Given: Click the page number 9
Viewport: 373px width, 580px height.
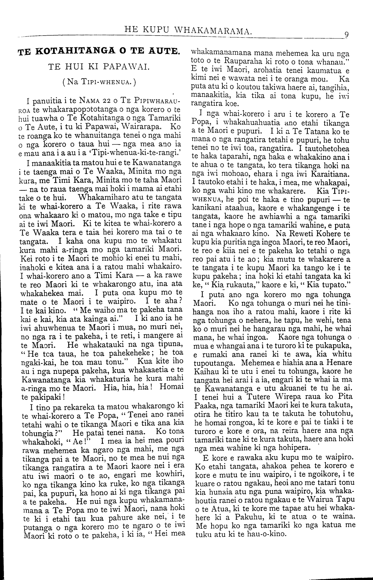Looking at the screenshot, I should pyautogui.click(x=346, y=34).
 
